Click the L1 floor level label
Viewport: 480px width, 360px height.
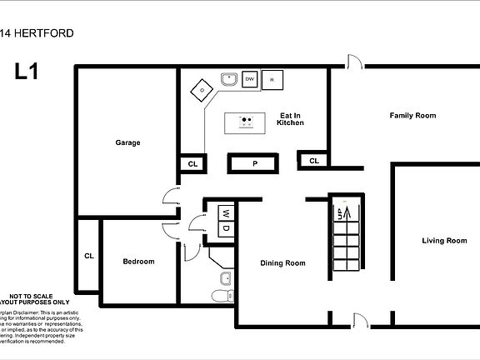(x=27, y=72)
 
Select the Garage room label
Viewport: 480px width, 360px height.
(x=127, y=142)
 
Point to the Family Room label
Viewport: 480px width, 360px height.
(x=412, y=115)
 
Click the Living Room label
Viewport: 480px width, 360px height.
(x=443, y=241)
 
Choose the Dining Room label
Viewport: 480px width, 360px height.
(x=282, y=262)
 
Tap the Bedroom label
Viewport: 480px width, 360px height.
(x=138, y=262)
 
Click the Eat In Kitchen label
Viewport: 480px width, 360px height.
(x=290, y=118)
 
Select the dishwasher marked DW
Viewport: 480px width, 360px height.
(x=249, y=80)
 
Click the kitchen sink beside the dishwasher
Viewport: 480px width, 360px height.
(x=230, y=80)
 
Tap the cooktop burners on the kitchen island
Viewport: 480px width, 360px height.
(x=246, y=123)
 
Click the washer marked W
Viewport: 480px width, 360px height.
(x=225, y=213)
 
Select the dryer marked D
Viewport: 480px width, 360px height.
(x=225, y=229)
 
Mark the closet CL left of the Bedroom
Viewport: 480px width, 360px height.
(x=88, y=256)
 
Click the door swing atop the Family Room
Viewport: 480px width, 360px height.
(x=355, y=61)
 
